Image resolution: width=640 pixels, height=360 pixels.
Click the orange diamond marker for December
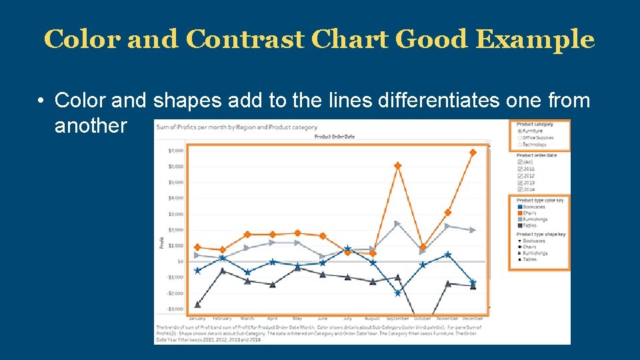473,153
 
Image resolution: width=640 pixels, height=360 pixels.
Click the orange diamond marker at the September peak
398,165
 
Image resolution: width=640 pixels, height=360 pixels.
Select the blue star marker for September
398,293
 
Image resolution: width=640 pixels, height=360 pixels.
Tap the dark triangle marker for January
197,305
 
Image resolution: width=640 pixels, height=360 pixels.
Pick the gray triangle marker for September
398,223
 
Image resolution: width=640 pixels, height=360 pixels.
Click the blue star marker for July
347,248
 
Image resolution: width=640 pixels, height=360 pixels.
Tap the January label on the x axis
197,319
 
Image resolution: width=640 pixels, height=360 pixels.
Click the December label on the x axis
473,319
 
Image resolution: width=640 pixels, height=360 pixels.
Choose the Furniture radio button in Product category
519,131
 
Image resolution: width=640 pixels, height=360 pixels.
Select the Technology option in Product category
534,145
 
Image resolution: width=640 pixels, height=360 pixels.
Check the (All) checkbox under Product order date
519,162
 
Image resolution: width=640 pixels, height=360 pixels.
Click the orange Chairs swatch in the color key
519,213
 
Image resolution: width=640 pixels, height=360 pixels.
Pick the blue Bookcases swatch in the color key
519,207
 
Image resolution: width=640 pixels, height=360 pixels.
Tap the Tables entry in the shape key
529,259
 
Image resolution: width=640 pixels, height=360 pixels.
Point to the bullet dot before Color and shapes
41,101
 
